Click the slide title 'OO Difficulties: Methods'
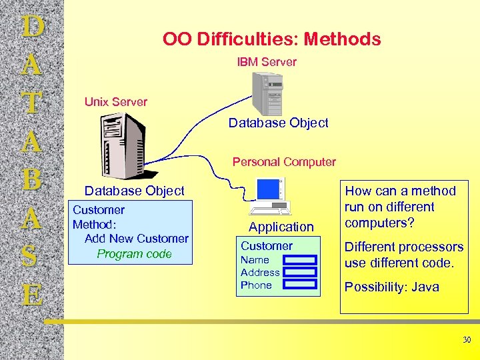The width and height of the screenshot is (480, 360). point(271,39)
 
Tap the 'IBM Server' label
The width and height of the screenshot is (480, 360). point(267,62)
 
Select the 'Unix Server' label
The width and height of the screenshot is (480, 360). point(115,102)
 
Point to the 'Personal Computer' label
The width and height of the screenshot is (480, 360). point(284,162)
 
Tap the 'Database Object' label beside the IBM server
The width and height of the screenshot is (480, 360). point(278,123)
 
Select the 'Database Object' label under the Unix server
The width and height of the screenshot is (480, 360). point(134,191)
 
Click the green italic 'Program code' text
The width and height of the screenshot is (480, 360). point(134,254)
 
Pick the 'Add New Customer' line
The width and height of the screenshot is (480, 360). point(136,239)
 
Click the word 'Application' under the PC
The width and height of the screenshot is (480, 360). point(281,227)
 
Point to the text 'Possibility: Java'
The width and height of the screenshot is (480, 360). point(391,287)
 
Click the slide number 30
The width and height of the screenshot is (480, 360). point(467,341)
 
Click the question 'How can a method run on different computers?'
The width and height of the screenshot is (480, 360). point(400,207)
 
